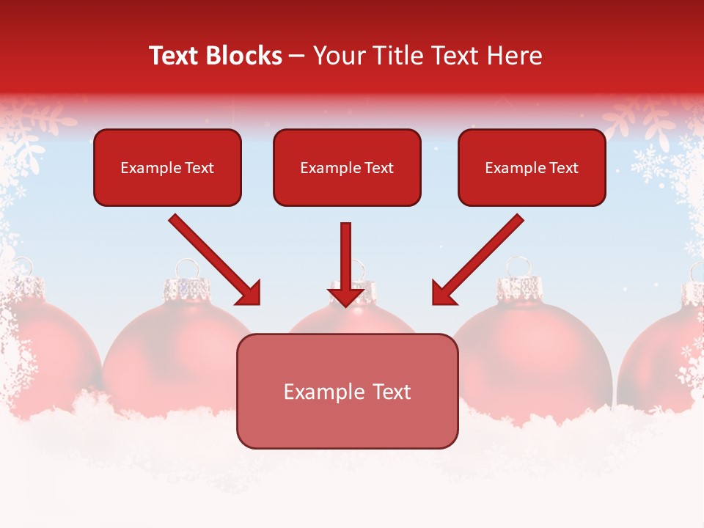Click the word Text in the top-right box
(x=563, y=168)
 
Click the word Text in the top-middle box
(x=378, y=168)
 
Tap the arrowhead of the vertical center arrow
(x=346, y=296)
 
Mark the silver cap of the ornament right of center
(x=518, y=287)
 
